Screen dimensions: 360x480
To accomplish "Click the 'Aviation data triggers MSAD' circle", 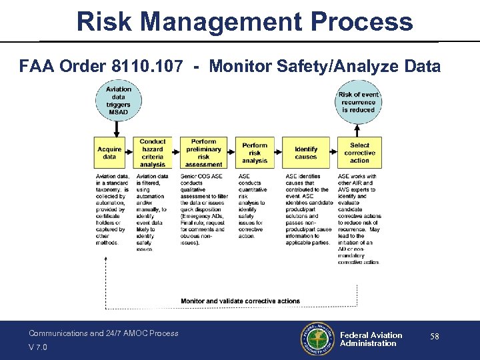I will click(119, 101).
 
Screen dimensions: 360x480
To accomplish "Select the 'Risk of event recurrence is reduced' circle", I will click(359, 102).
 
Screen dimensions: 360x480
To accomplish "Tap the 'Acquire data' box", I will click(109, 153).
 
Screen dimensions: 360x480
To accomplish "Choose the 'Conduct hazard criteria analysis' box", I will click(153, 153).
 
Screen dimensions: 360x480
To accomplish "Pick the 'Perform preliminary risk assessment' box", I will click(203, 153).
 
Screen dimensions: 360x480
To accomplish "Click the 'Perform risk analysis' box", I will click(255, 153).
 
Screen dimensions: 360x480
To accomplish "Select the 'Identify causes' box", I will click(306, 153).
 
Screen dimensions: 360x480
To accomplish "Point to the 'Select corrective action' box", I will click(359, 153).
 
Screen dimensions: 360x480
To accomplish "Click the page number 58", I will click(434, 337).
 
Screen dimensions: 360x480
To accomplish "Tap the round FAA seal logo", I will click(317, 340).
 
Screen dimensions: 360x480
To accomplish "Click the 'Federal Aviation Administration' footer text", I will click(371, 339).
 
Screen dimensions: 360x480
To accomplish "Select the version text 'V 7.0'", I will click(38, 347).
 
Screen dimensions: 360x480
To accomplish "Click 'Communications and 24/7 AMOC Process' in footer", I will click(103, 333).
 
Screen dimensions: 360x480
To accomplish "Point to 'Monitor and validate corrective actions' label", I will click(241, 301).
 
